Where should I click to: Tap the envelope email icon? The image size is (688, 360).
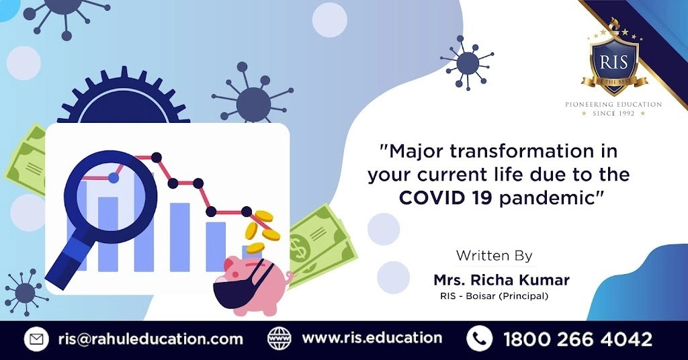point(36,339)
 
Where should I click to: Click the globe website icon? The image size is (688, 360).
point(279,339)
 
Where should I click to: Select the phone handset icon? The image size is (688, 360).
point(479,339)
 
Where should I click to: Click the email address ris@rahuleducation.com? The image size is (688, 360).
point(150,339)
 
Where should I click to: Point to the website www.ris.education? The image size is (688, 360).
point(372,338)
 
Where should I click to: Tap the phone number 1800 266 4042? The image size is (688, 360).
point(577,339)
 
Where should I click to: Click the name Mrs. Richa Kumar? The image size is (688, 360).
point(501,279)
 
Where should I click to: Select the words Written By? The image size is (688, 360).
point(494,255)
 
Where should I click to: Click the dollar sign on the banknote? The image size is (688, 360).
point(300,249)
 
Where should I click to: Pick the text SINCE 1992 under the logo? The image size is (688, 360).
point(613,114)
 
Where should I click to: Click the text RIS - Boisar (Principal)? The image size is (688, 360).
point(494,296)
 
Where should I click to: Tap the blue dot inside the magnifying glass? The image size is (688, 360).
point(114,177)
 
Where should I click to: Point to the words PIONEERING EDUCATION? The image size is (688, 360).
point(613,104)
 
